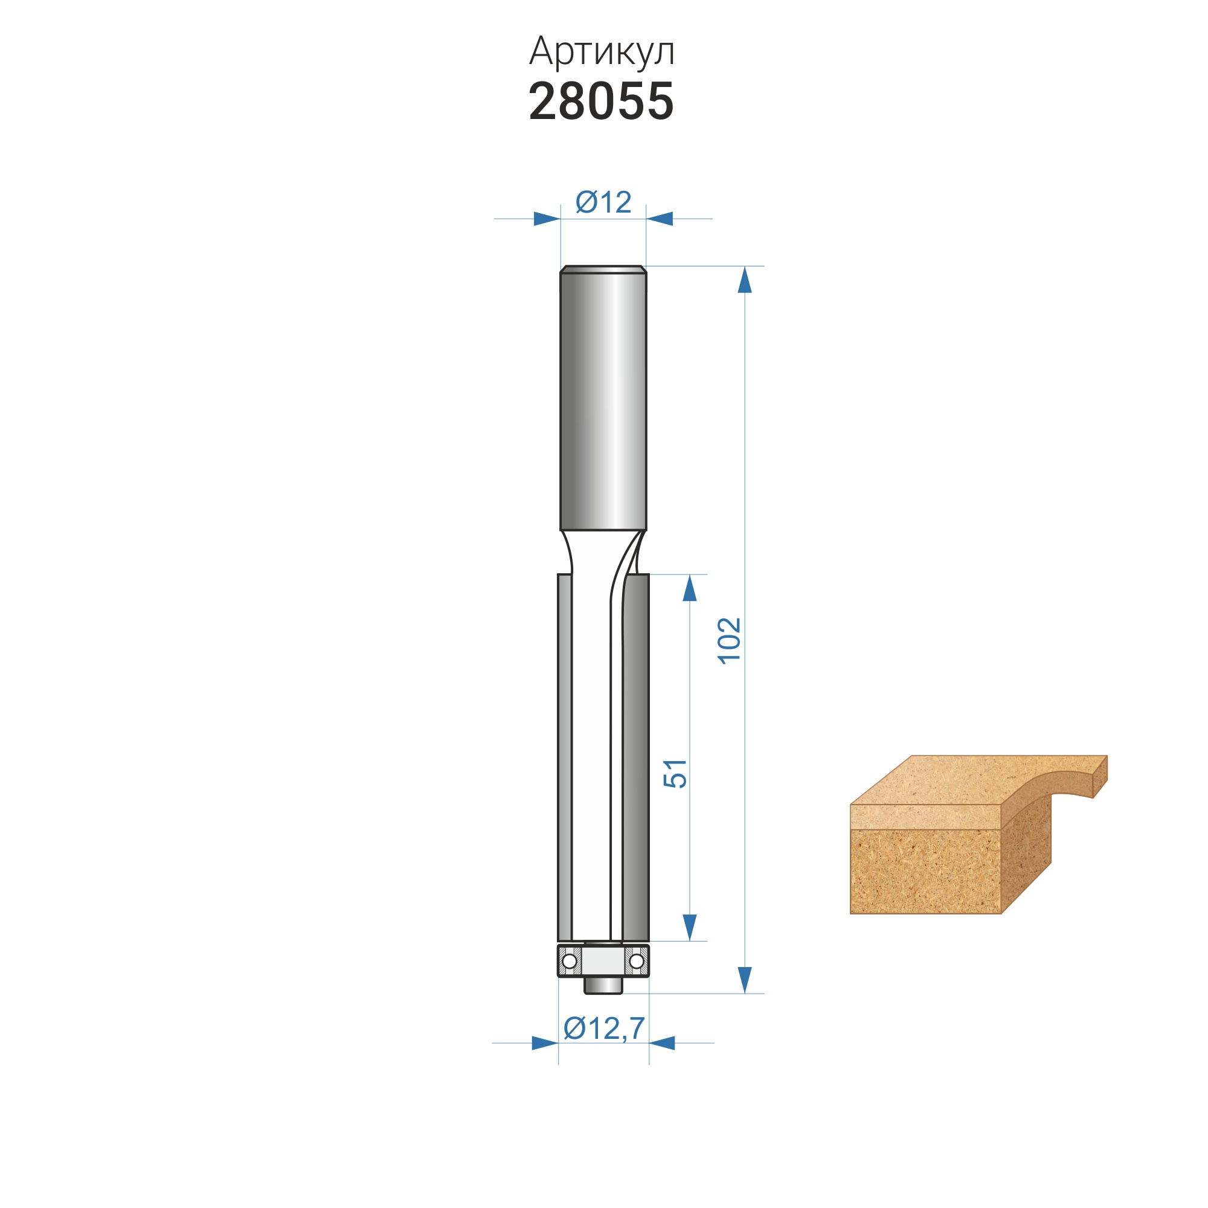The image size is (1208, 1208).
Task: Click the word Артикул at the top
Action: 602,52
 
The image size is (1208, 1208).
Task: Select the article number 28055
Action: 602,101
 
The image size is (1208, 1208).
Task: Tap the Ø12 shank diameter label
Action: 603,202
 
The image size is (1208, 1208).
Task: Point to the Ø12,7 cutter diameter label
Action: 604,1028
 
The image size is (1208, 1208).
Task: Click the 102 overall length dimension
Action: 729,641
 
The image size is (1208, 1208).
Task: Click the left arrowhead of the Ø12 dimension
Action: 547,219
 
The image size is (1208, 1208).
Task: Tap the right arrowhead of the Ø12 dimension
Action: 659,219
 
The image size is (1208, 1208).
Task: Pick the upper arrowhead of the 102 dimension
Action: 745,280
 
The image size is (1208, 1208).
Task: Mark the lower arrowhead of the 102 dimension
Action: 745,980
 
